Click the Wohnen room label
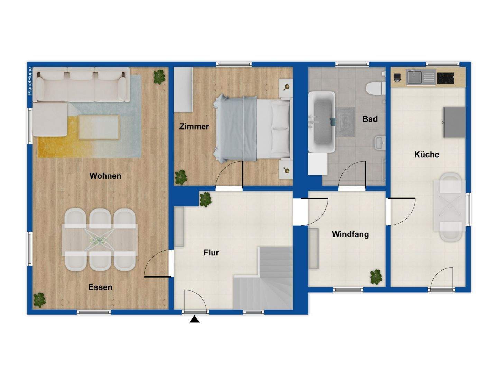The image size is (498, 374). pos(105,176)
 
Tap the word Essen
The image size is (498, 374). pos(100,287)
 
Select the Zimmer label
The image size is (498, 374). pos(194,126)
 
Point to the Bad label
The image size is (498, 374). pos(370,119)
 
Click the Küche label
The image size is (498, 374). pos(426,154)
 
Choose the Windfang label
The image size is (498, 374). pos(350,234)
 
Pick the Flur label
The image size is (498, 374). pos(211,253)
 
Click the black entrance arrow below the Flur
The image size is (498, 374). pos(194,319)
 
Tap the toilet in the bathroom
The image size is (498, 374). pos(375,88)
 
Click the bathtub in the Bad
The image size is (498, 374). pos(322,122)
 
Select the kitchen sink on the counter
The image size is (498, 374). pos(414,77)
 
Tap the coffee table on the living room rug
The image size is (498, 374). pos(99,127)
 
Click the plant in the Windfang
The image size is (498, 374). pos(376,277)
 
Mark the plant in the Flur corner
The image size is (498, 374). pos(205,199)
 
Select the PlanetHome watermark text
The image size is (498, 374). pos(30,81)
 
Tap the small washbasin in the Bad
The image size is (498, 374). pos(379,142)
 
